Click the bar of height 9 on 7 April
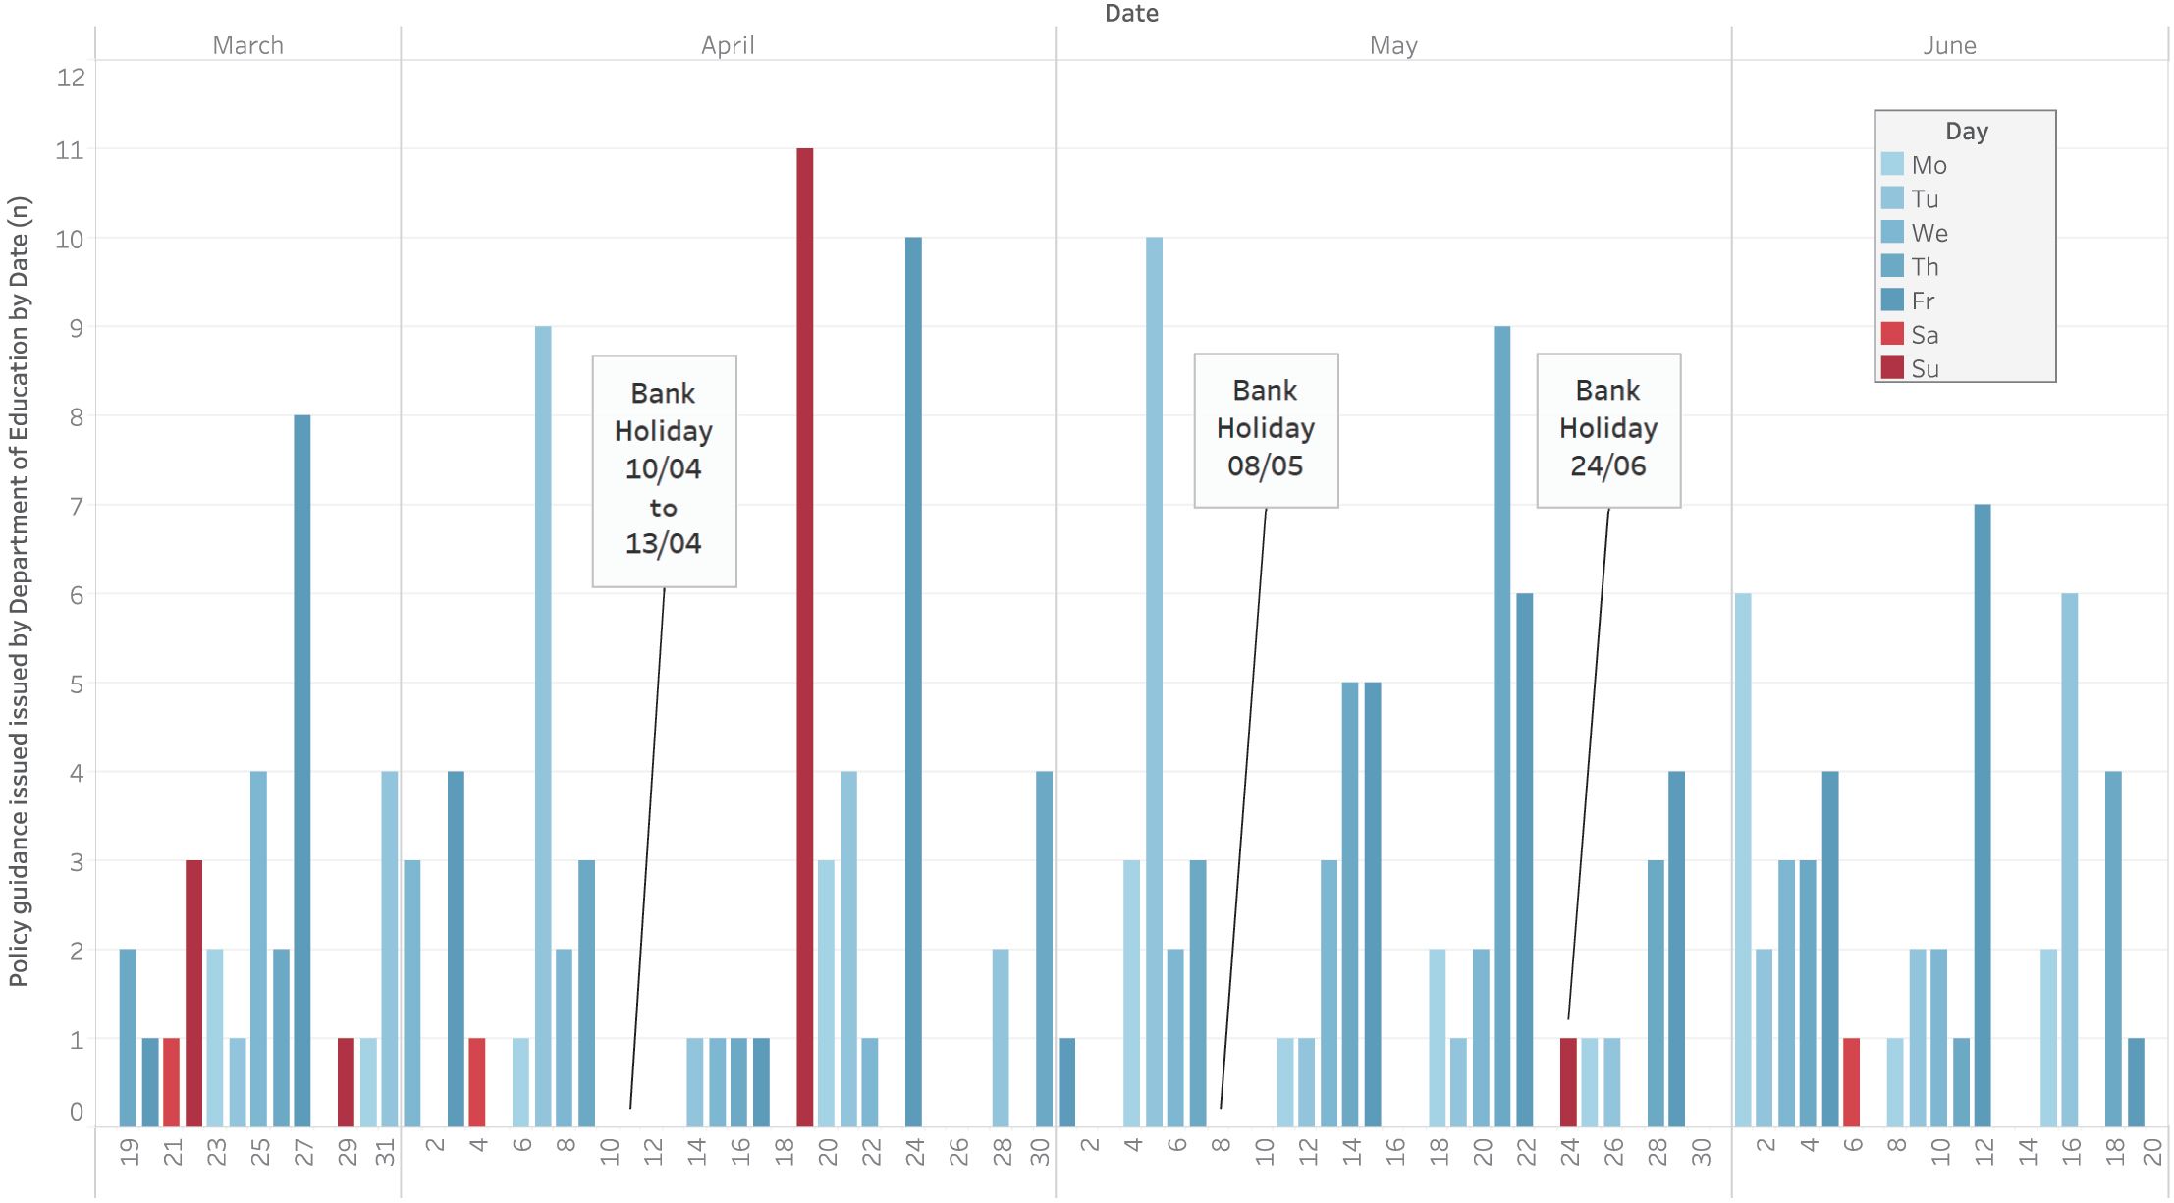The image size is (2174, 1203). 543,726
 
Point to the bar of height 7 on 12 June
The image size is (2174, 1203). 1983,815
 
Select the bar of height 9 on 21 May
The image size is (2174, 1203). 1502,726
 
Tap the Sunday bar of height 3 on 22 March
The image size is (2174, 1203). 193,993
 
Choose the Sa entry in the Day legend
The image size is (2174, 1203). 1924,335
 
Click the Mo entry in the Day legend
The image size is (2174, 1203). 1929,165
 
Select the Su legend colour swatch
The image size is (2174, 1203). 1892,368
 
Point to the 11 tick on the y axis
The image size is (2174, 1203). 70,150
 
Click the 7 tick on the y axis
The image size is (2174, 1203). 76,506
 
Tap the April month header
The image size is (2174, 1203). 728,45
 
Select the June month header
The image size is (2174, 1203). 1949,45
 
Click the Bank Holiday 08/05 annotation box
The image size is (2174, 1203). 1266,429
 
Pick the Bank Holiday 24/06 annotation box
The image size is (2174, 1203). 1608,429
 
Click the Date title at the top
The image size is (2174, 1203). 1131,13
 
